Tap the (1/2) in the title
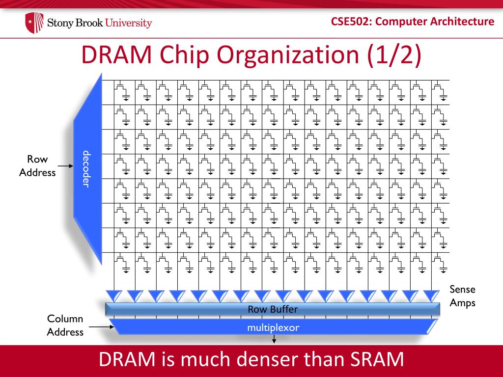coord(393,55)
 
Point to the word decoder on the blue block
coord(86,168)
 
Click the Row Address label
coord(37,166)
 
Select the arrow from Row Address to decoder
coord(64,172)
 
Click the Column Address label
coord(65,325)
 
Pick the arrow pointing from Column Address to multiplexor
coord(101,326)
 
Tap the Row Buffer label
coord(273,309)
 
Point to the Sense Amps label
coord(462,296)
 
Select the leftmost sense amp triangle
coord(114,296)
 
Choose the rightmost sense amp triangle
coord(431,296)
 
